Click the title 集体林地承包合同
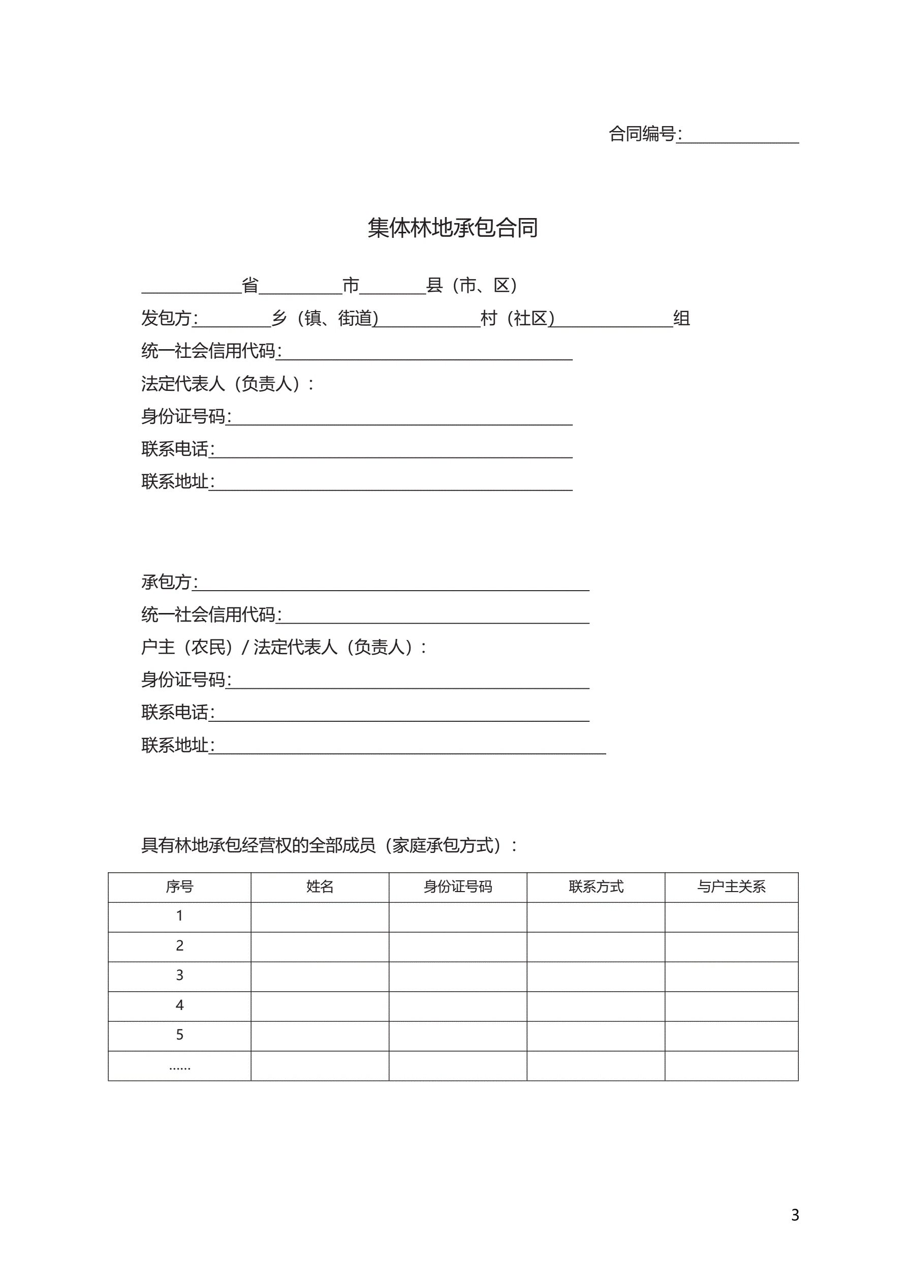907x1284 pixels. click(x=452, y=228)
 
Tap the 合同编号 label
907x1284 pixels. click(x=643, y=134)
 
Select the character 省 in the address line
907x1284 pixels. click(x=250, y=285)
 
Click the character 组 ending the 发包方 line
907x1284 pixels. click(x=682, y=318)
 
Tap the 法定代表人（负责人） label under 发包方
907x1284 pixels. click(x=227, y=384)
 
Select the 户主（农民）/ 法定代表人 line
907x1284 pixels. click(x=284, y=647)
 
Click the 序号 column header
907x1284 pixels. click(x=179, y=886)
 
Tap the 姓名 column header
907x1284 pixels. click(x=320, y=886)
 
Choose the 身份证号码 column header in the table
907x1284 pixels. click(x=457, y=886)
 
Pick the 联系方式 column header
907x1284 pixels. click(x=596, y=886)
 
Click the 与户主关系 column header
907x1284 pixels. click(x=731, y=886)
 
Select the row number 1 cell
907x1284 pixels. click(x=179, y=916)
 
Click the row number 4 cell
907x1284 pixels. click(x=179, y=1005)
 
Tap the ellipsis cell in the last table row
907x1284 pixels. click(x=179, y=1065)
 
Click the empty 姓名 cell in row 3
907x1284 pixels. click(x=320, y=975)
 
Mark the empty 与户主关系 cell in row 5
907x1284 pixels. click(x=731, y=1035)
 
